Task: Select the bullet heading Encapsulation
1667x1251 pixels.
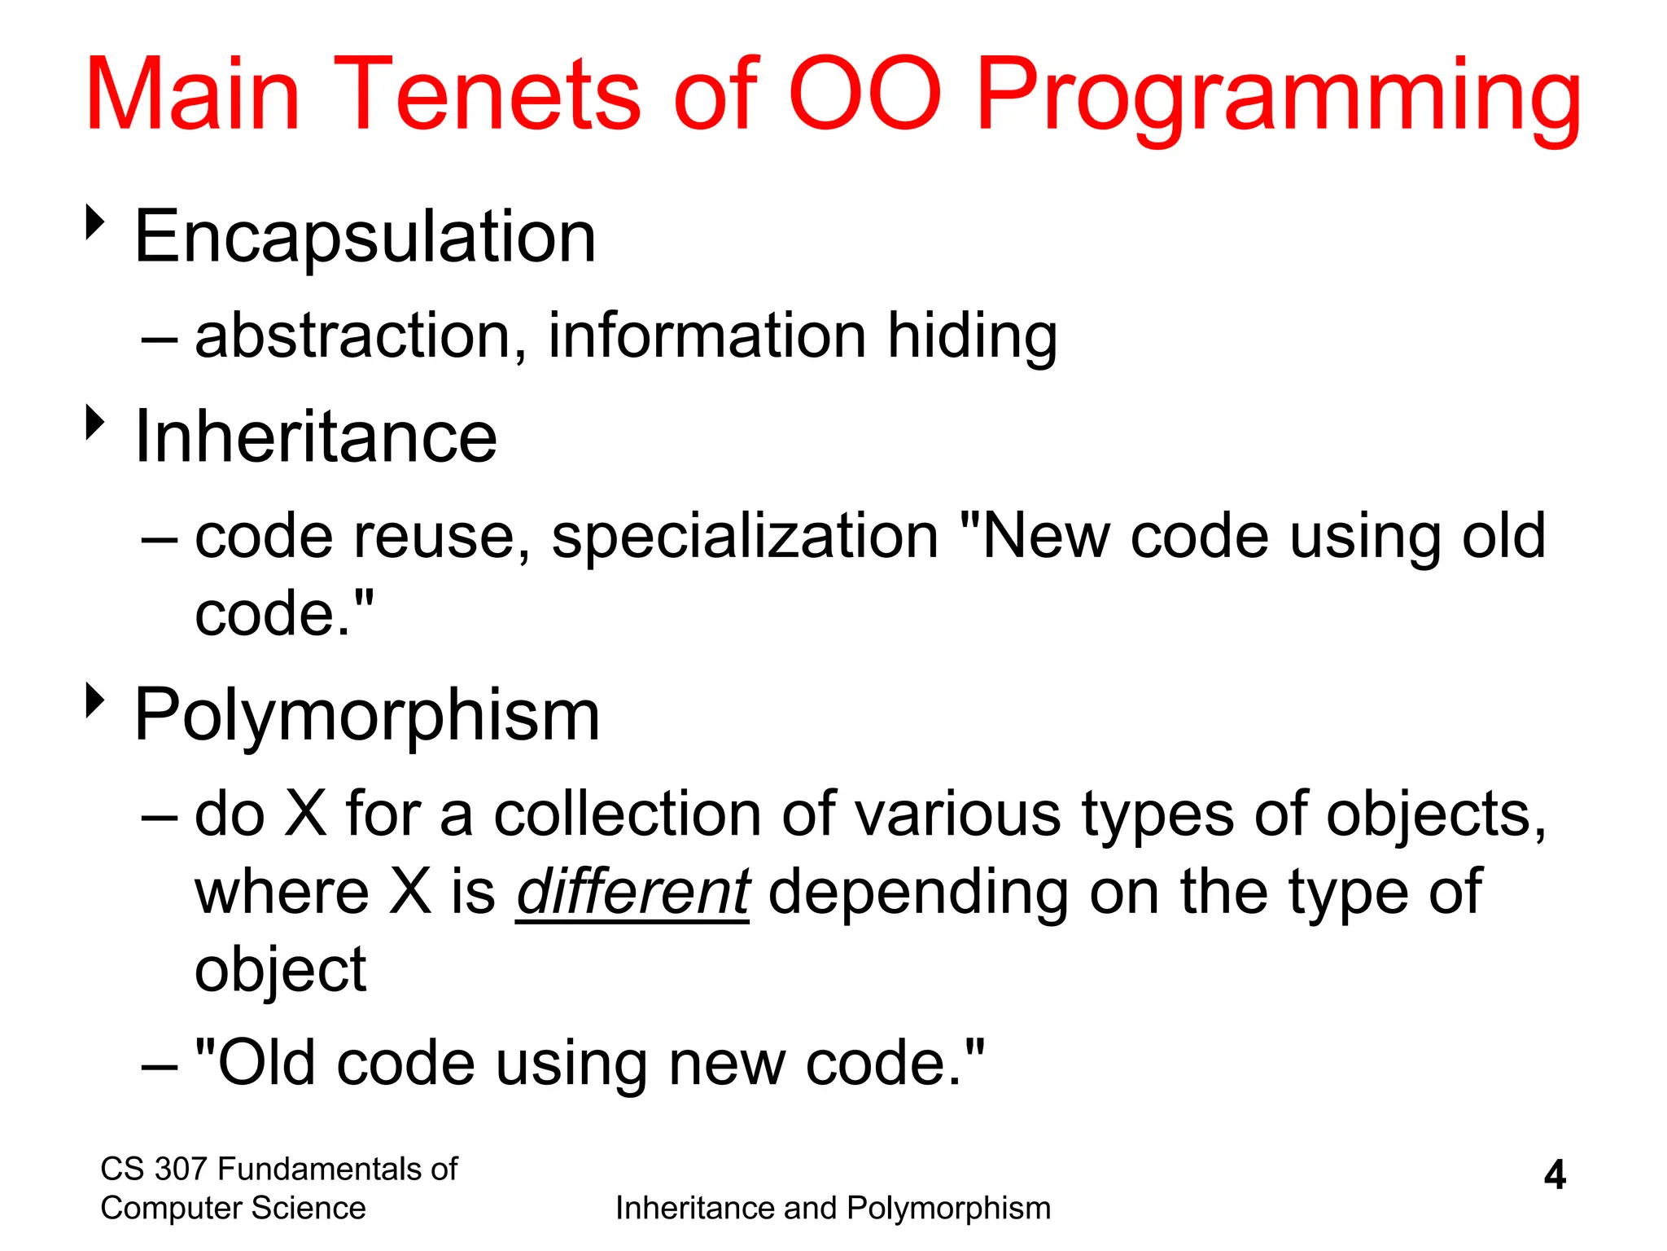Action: point(365,237)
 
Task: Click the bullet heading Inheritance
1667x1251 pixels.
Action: point(315,437)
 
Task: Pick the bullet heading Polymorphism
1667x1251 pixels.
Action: point(366,715)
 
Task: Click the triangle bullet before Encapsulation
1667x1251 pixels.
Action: point(96,222)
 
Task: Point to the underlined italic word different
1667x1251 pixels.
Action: point(632,892)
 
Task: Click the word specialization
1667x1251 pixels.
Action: point(745,537)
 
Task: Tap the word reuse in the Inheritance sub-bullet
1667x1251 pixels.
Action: point(444,537)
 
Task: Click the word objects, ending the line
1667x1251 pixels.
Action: point(1436,815)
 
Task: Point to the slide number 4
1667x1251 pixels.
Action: point(1554,1175)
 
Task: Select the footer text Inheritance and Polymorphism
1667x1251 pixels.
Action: point(833,1208)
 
